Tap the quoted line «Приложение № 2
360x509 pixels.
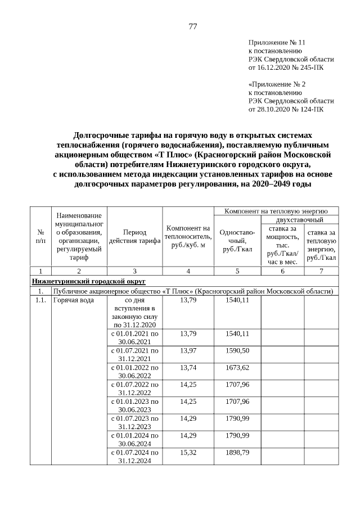point(277,84)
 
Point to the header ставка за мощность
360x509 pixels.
point(282,245)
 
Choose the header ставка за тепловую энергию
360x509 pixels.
point(321,245)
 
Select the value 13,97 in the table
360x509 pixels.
point(188,350)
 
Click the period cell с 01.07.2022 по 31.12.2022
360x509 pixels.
point(134,388)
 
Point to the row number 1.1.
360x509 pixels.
point(40,300)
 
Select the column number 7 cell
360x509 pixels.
point(321,271)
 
